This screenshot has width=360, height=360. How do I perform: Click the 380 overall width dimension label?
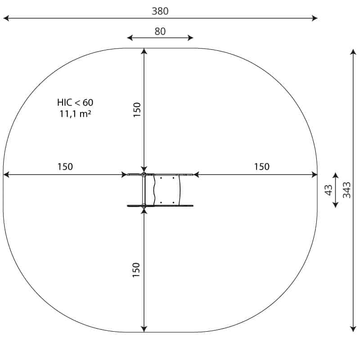(160, 11)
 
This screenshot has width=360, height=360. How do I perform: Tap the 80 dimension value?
(160, 31)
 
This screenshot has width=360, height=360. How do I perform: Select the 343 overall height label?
(346, 190)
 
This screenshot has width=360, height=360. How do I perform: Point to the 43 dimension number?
(329, 190)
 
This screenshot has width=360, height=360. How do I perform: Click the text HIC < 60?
(75, 103)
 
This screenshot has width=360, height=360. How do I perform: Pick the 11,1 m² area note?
(75, 114)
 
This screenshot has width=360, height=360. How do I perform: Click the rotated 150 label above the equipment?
(137, 110)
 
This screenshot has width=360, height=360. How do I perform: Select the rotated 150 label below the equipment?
(136, 270)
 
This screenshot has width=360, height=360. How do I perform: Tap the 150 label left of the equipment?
(65, 166)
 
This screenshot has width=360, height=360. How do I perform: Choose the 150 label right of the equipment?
(262, 166)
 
